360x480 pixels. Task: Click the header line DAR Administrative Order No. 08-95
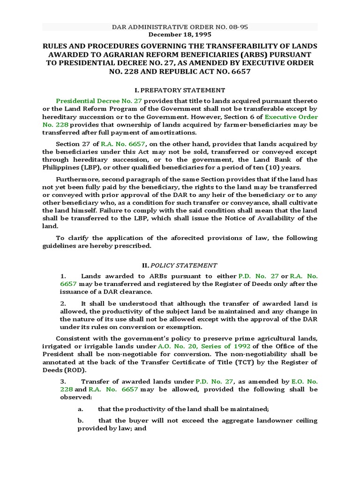click(180, 27)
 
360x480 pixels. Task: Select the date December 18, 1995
click(180, 35)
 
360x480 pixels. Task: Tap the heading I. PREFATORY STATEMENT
click(180, 90)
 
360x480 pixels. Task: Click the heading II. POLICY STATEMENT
click(180, 265)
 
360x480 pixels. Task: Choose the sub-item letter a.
click(81, 409)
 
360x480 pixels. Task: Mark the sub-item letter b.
click(81, 421)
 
